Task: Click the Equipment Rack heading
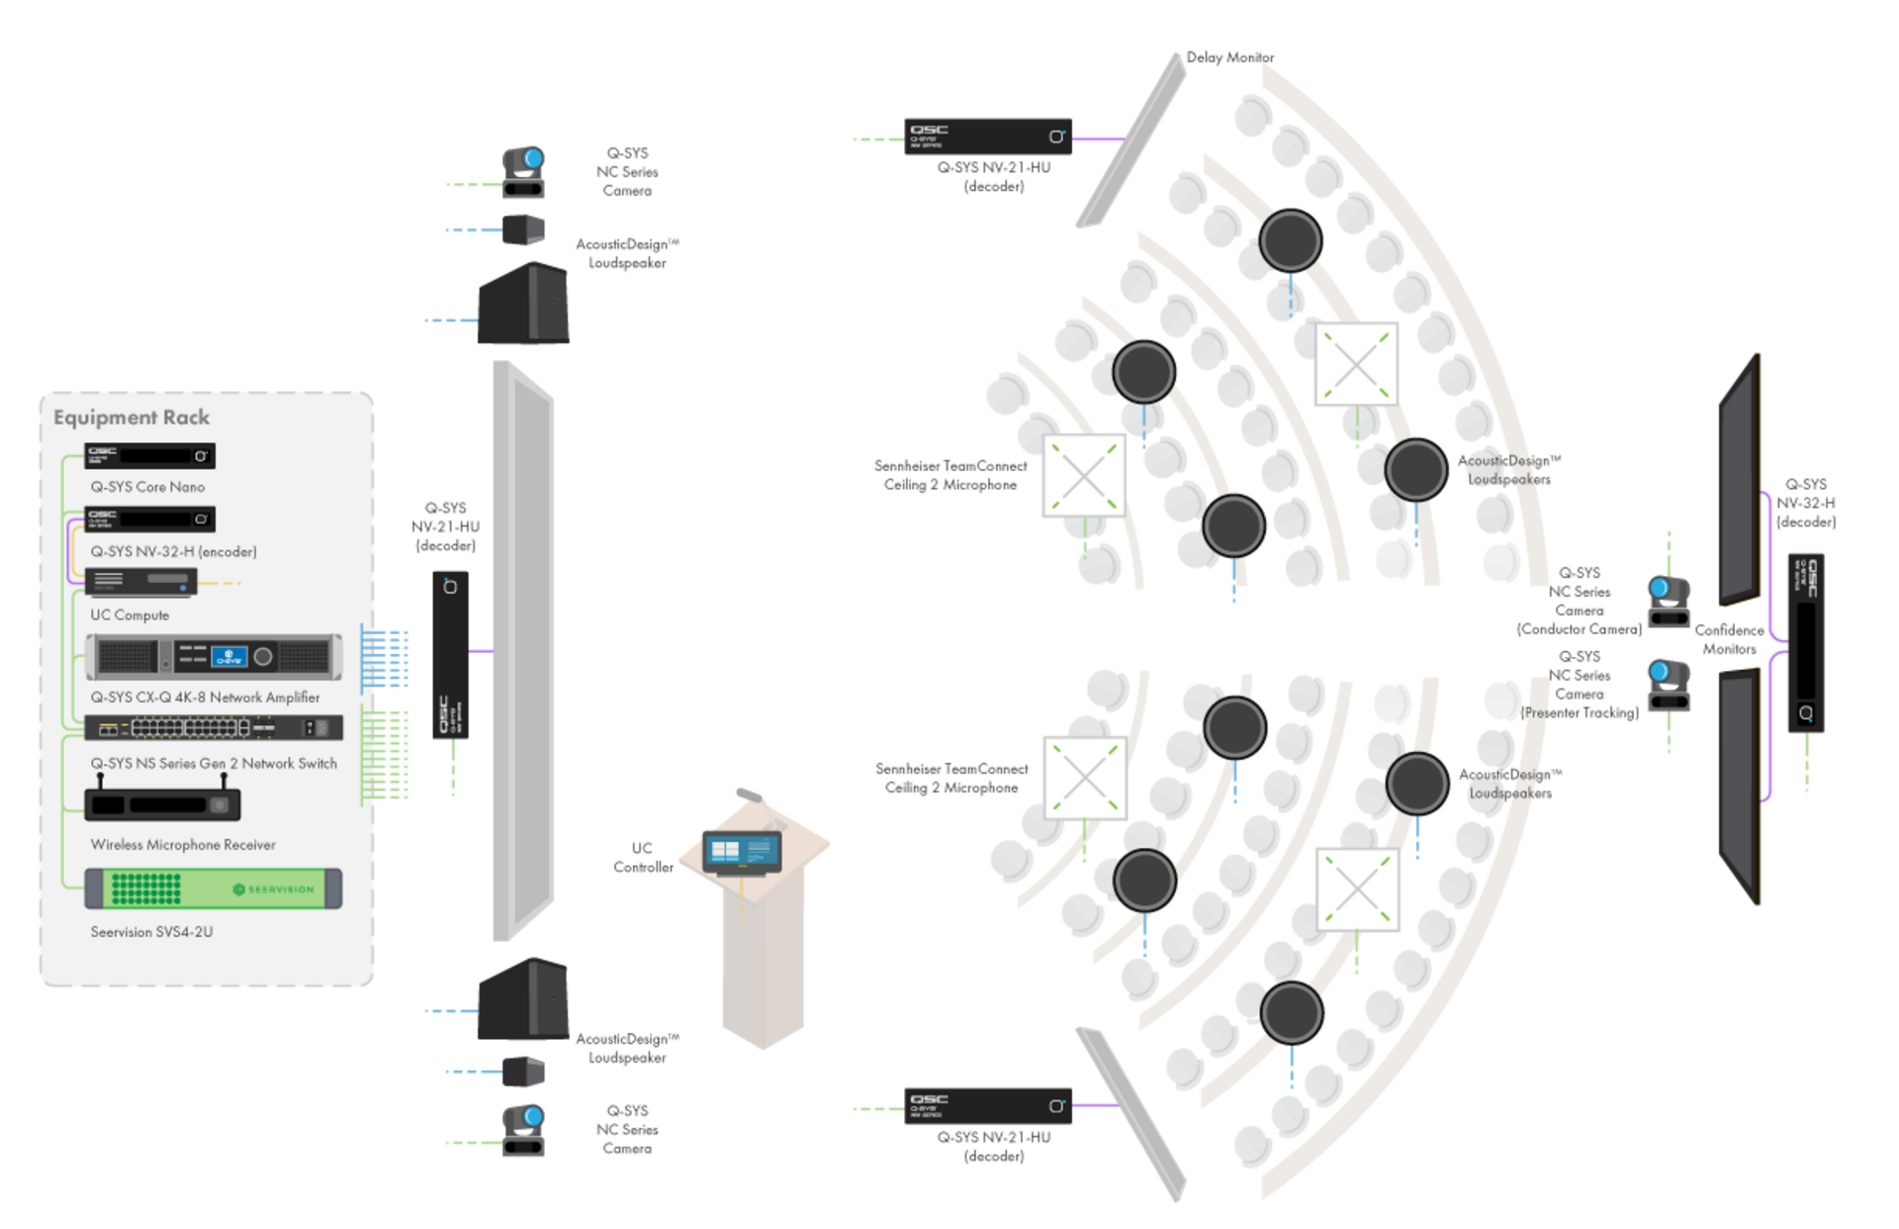pos(132,418)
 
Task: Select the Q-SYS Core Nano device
pos(149,456)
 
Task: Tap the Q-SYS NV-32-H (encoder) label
pos(173,551)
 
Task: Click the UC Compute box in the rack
pos(140,581)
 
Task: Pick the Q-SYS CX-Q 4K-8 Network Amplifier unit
pos(214,656)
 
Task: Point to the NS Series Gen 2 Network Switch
pos(214,728)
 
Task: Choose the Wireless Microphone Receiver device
pos(162,804)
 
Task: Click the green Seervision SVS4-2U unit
pos(214,889)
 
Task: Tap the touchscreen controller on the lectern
pos(742,852)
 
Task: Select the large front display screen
pos(523,650)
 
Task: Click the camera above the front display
pos(524,172)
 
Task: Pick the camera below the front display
pos(524,1130)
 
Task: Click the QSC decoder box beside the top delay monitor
pos(987,137)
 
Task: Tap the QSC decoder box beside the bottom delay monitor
pos(987,1106)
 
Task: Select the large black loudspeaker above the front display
pos(523,304)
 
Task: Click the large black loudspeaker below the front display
pos(523,999)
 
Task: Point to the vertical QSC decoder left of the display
pos(450,653)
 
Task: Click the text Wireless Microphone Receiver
pos(183,845)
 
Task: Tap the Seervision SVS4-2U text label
pos(151,932)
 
